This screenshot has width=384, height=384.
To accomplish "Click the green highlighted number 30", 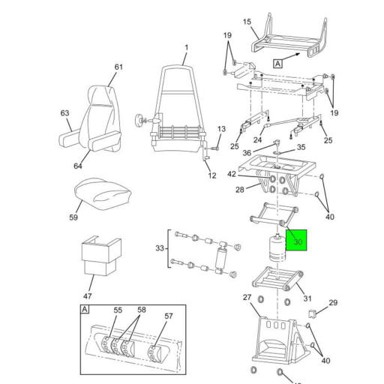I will pos(298,242).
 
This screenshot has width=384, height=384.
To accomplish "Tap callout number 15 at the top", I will pos(247,23).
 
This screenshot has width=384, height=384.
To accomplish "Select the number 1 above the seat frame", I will pos(186,49).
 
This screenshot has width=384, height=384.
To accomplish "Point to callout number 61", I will pos(118,67).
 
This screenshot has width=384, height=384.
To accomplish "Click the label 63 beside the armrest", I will pos(64,113).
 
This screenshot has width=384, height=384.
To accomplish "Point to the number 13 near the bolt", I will pos(220,130).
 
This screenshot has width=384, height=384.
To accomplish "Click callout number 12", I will pos(212,175).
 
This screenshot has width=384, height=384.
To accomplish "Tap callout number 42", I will pos(232,174).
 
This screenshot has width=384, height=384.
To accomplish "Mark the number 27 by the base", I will pos(247,297).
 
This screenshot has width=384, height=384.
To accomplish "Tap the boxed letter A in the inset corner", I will pos(85,310).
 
